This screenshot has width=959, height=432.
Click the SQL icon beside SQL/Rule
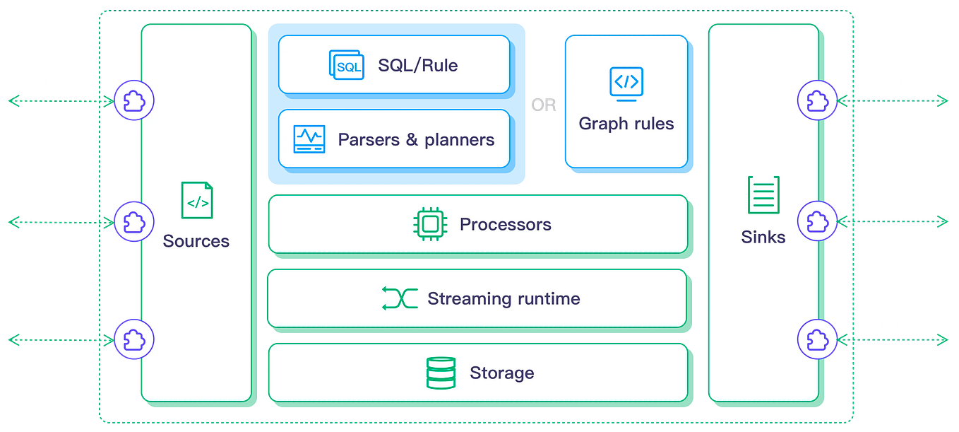(x=346, y=65)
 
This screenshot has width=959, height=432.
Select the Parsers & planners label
(x=416, y=140)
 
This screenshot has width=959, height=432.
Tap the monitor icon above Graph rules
(x=626, y=83)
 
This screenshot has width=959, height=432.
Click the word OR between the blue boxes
(x=543, y=105)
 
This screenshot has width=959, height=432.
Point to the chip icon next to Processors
(x=429, y=224)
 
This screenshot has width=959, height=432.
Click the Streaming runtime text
(x=504, y=299)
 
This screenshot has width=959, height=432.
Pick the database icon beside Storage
(x=441, y=373)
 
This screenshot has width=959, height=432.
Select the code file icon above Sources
(x=196, y=200)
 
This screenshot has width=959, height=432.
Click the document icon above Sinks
(x=763, y=195)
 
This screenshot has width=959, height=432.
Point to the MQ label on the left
(x=60, y=325)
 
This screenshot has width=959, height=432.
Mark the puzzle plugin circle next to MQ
(x=133, y=339)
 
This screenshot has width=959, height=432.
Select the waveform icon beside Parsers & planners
(x=309, y=139)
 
